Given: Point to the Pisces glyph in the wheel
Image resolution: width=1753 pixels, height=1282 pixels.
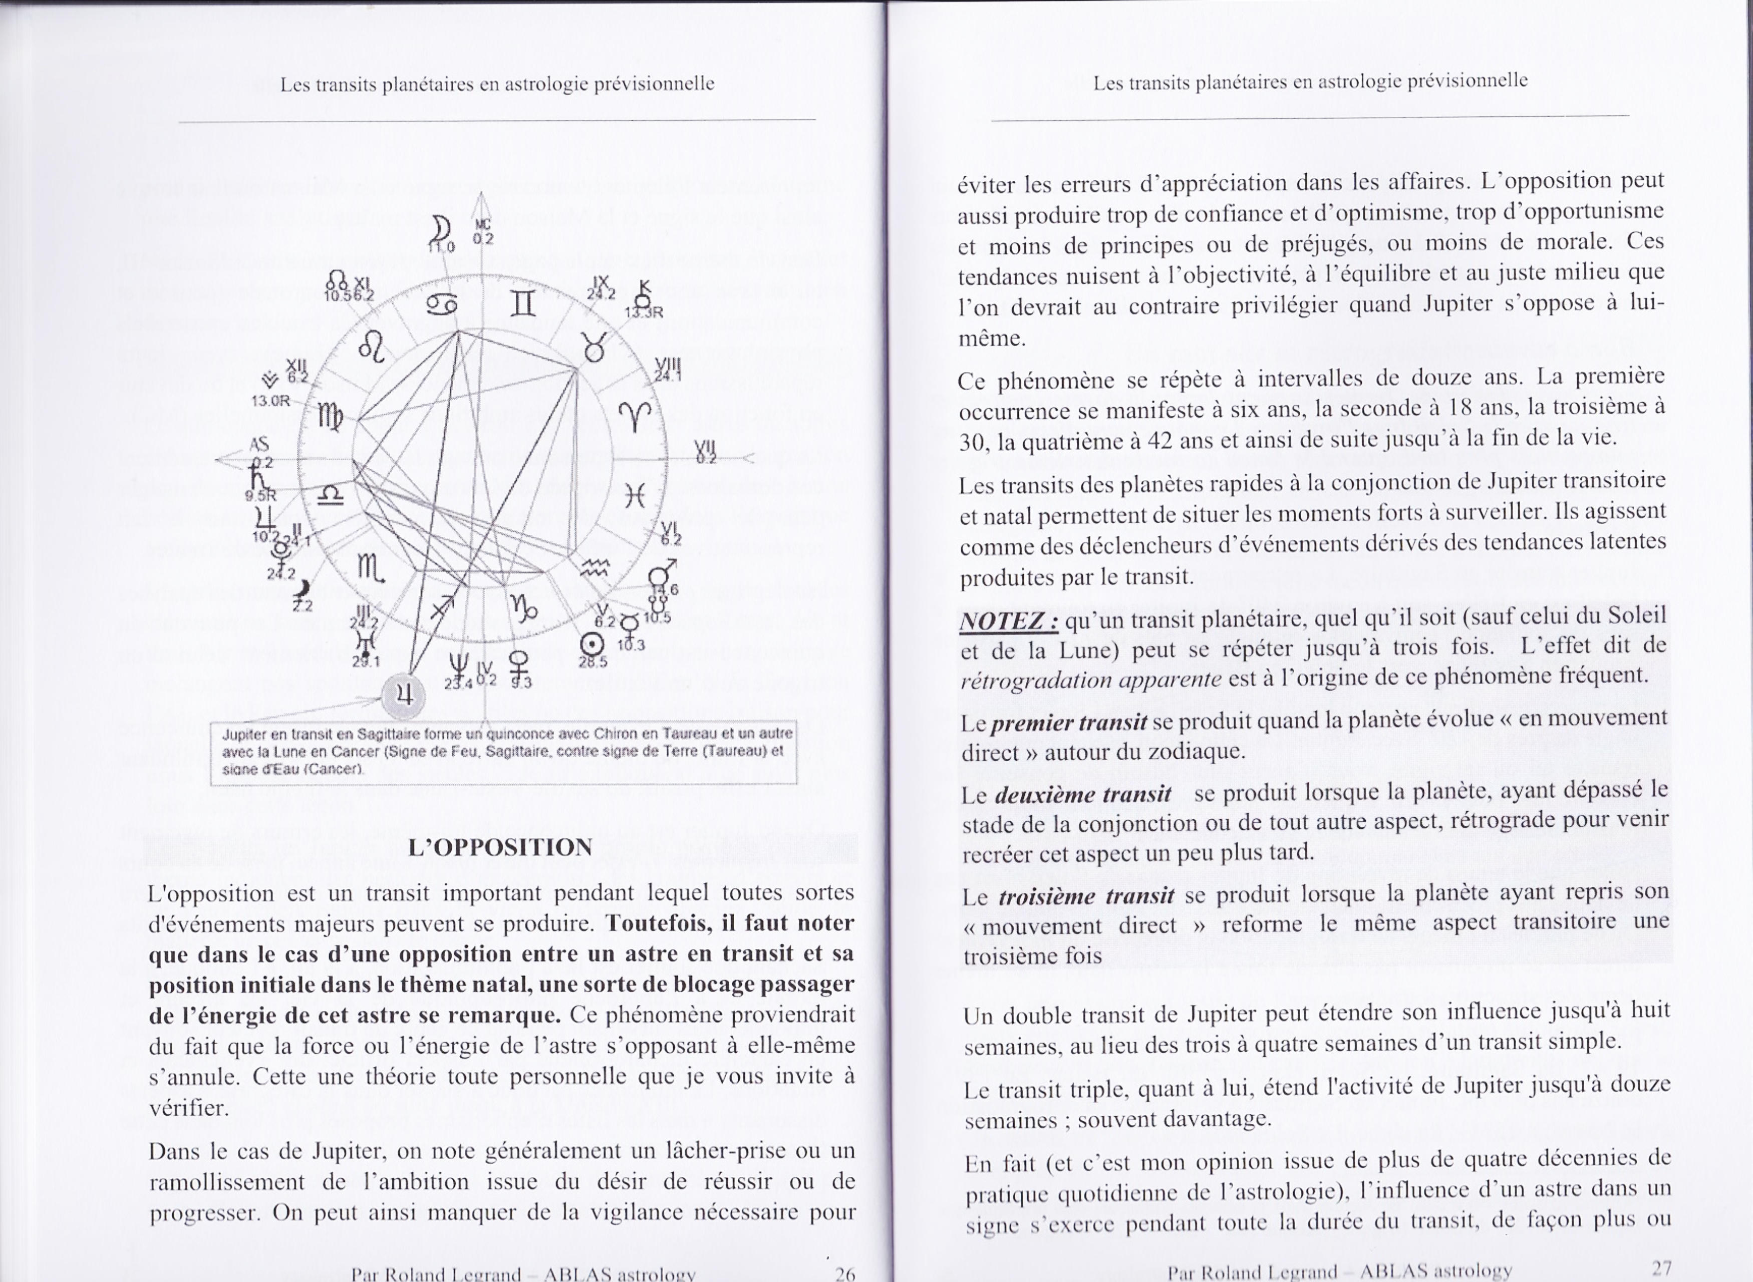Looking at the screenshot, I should click(635, 495).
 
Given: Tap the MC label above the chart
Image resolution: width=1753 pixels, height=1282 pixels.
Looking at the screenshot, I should click(483, 224).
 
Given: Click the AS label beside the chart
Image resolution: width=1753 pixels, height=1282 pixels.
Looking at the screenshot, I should click(258, 445).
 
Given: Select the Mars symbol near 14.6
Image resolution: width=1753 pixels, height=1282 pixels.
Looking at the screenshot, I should click(661, 575).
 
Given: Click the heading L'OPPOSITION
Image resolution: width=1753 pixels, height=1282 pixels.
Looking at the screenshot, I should click(500, 847).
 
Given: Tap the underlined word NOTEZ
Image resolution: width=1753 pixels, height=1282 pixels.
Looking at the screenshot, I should click(1009, 621).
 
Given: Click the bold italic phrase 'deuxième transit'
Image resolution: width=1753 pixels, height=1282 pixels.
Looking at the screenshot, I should click(1082, 795).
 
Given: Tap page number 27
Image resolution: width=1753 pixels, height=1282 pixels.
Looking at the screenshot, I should click(1661, 1268).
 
